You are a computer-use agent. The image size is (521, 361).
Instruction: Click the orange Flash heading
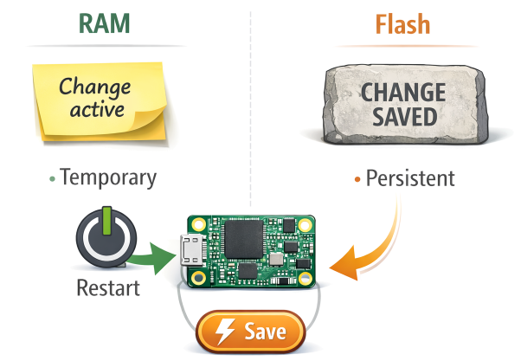tap(403, 23)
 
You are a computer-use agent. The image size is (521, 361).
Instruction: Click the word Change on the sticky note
tap(95, 87)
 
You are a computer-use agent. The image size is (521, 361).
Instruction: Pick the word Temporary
tap(108, 178)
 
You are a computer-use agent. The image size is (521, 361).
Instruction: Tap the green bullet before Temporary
tap(52, 179)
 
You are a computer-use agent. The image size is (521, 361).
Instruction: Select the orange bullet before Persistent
tap(357, 179)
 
